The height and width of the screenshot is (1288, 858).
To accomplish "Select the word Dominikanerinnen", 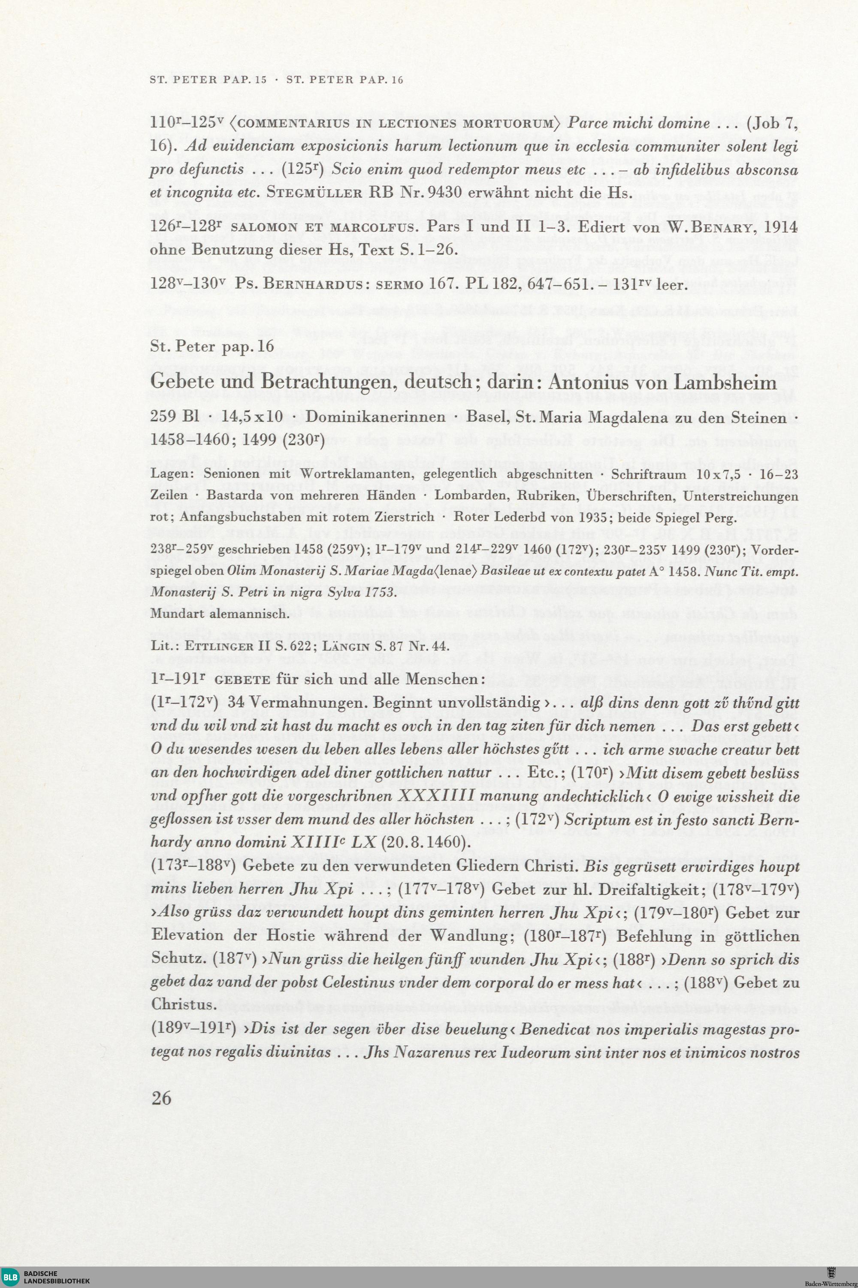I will pos(375,417).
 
